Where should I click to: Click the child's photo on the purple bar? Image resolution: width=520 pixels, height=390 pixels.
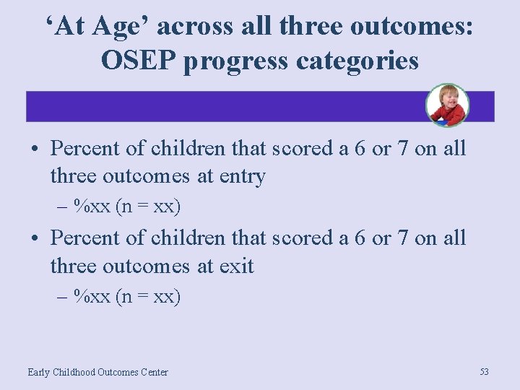tap(447, 105)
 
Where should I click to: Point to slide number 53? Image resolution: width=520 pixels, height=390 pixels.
tap(484, 371)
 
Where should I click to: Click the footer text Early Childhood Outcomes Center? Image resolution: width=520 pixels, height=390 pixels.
tap(97, 372)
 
